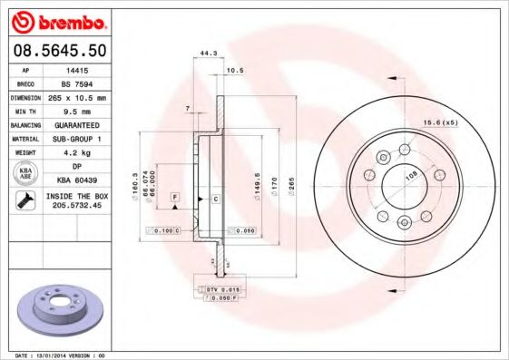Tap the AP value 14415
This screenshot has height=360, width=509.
click(76, 69)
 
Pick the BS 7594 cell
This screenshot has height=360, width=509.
click(76, 82)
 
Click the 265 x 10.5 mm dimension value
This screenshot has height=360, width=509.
click(76, 96)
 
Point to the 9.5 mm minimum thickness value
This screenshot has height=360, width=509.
click(76, 110)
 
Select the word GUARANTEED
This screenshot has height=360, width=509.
click(76, 124)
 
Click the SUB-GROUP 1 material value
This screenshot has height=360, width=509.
click(76, 139)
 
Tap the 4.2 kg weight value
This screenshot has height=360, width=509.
click(76, 152)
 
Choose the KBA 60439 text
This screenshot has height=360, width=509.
click(76, 180)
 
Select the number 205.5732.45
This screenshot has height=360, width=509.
click(76, 207)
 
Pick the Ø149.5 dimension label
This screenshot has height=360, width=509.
click(259, 182)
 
